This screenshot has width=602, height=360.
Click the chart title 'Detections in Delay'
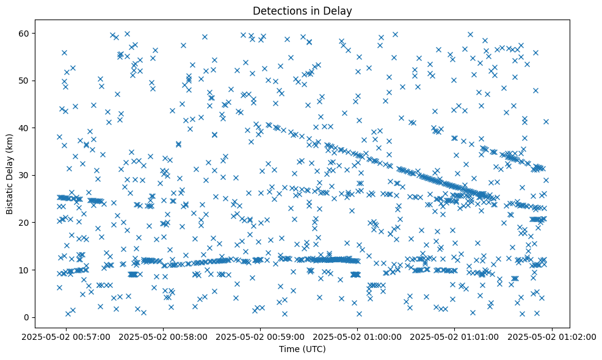click(x=302, y=11)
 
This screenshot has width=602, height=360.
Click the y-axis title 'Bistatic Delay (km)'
click(x=10, y=175)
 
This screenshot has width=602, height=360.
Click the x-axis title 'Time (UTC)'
click(x=302, y=350)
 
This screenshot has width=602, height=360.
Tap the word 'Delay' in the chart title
click(x=340, y=11)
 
